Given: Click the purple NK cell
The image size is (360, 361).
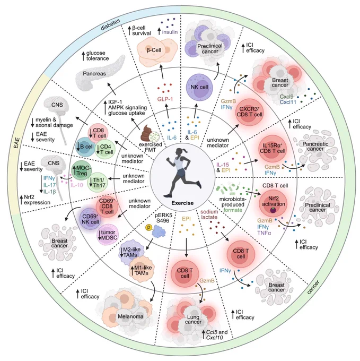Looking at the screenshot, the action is point(199,87).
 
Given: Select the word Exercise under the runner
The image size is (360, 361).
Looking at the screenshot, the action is point(182,203).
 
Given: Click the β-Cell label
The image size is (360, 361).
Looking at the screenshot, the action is point(154,50).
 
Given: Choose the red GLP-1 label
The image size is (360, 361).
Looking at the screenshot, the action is point(165,99).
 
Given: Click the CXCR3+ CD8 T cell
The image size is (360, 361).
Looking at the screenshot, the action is point(249,112).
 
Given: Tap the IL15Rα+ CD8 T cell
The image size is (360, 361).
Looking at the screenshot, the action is point(272,149).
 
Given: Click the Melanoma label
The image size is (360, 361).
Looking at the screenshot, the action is point(130,316).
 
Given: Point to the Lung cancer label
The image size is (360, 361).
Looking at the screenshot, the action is point(193,320).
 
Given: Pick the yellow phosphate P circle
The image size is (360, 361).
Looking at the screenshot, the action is point(149,228).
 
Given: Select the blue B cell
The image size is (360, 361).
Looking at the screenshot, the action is point(85,147).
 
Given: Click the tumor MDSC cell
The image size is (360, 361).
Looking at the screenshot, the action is point(108,235).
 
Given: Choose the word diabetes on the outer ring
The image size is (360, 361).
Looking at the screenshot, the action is point(111,25).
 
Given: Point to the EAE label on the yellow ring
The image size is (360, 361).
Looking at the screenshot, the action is point(17,143).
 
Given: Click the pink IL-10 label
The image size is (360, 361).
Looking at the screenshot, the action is point(76,185).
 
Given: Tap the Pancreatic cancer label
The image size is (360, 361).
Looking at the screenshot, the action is point(315,147).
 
